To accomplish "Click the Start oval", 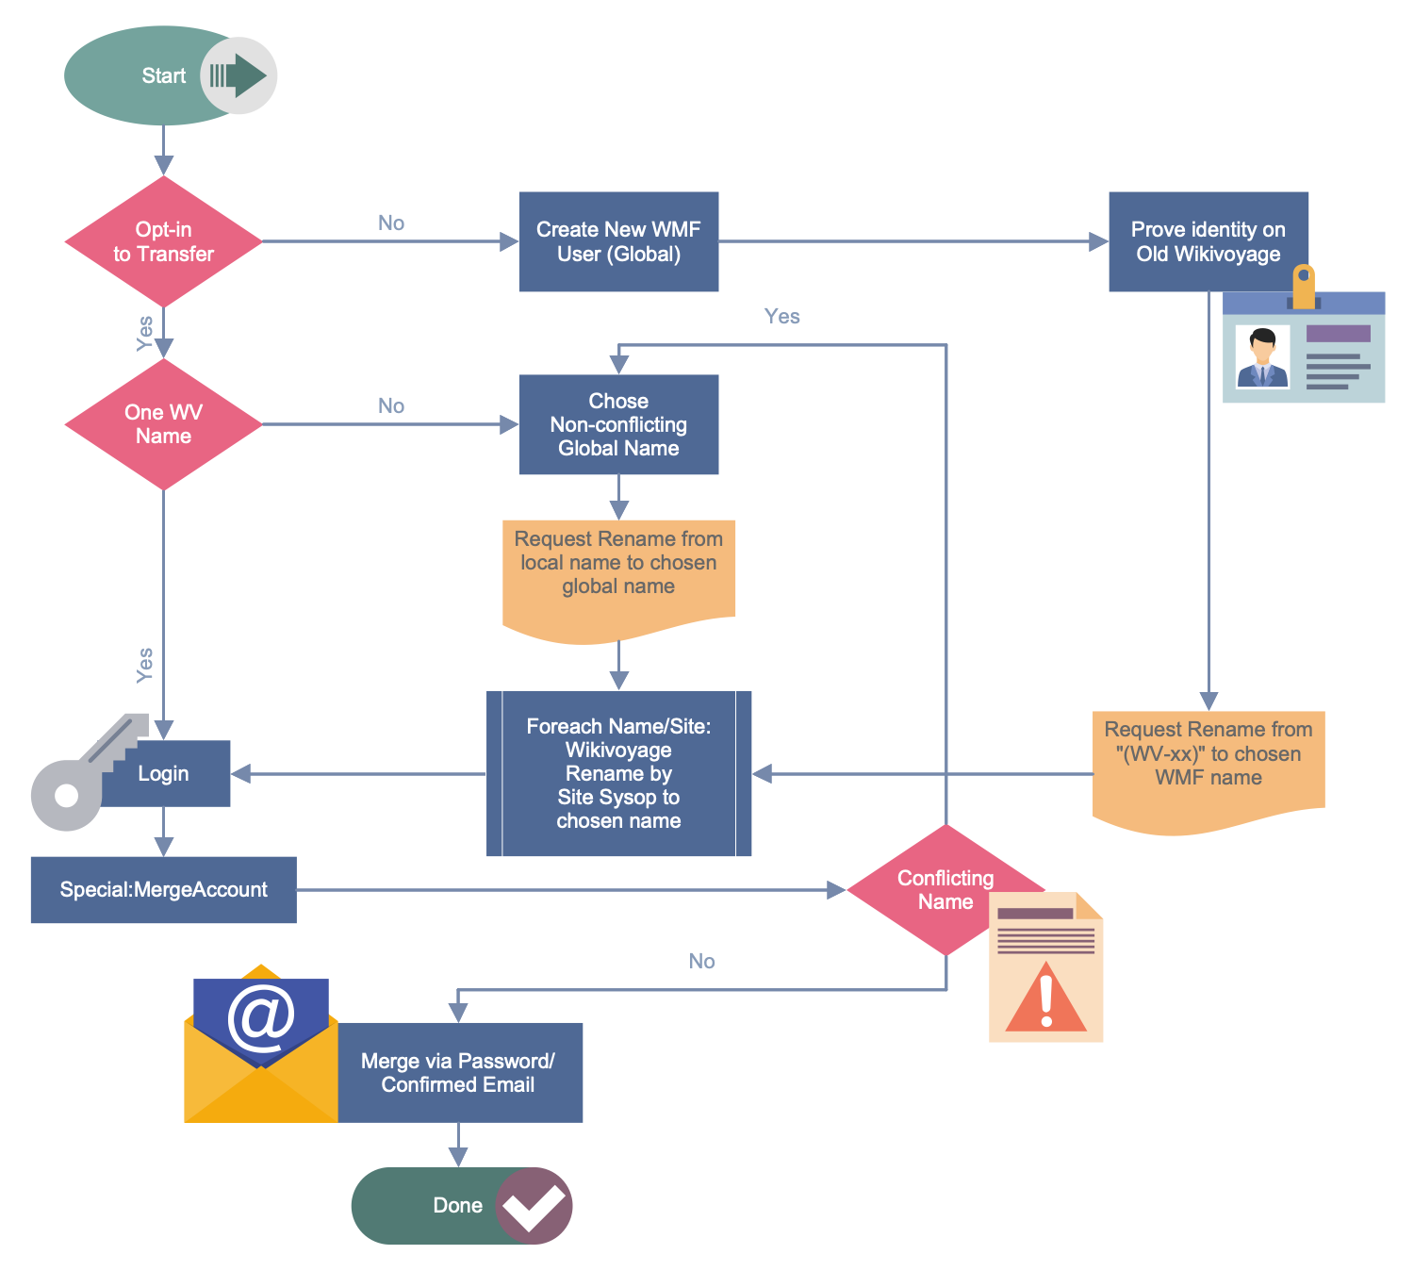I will point(141,75).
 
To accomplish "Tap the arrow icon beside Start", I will point(238,75).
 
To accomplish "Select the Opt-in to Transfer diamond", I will point(163,241).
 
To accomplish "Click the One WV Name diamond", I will point(163,424).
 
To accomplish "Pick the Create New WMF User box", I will point(618,241).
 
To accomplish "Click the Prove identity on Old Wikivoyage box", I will point(1208,241).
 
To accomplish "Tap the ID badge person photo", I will point(1262,357).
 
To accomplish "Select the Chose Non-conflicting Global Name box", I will point(618,424).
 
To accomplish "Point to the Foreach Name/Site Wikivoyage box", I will point(618,773).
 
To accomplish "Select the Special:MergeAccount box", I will point(163,889).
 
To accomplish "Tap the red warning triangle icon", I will point(1045,999).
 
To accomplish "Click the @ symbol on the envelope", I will point(261,1017).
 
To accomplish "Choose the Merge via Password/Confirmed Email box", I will point(458,1073).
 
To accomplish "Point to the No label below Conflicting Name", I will point(701,961).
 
